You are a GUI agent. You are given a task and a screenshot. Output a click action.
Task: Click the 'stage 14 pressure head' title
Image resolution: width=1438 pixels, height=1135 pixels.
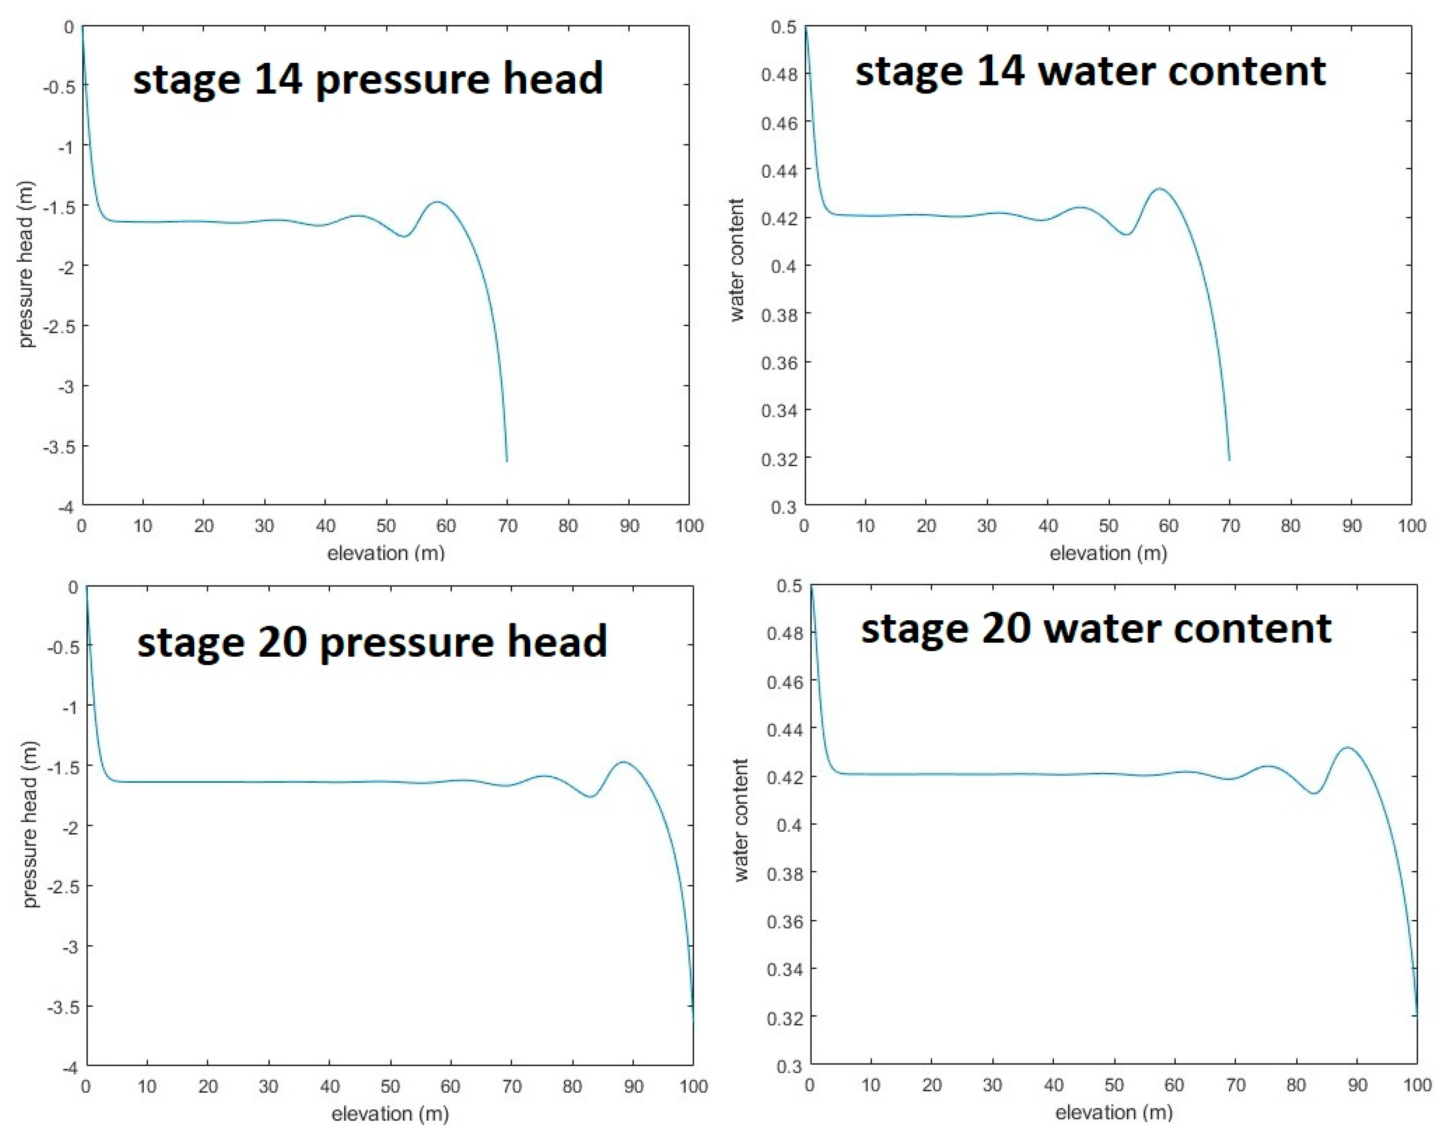pyautogui.click(x=367, y=78)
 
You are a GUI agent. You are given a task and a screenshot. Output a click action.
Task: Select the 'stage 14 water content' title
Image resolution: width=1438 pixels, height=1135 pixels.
pyautogui.click(x=1090, y=71)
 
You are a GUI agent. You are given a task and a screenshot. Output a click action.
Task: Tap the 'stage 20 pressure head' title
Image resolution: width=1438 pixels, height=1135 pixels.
pyautogui.click(x=372, y=641)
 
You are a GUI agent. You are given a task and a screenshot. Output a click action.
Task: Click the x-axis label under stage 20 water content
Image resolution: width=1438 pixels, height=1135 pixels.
pyautogui.click(x=1114, y=1112)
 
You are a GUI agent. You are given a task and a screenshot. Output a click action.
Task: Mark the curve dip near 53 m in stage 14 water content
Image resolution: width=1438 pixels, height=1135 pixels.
pyautogui.click(x=1126, y=235)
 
